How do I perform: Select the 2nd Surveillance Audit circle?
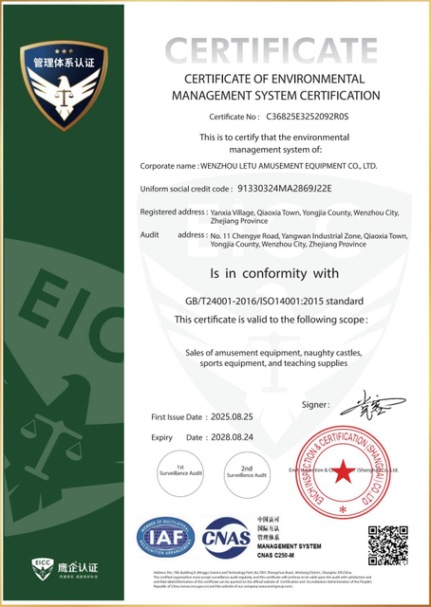(246, 471)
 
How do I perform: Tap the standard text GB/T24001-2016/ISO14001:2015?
(274, 302)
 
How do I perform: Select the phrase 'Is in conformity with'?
(274, 274)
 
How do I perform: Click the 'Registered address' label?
(173, 212)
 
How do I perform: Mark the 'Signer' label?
(314, 404)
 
